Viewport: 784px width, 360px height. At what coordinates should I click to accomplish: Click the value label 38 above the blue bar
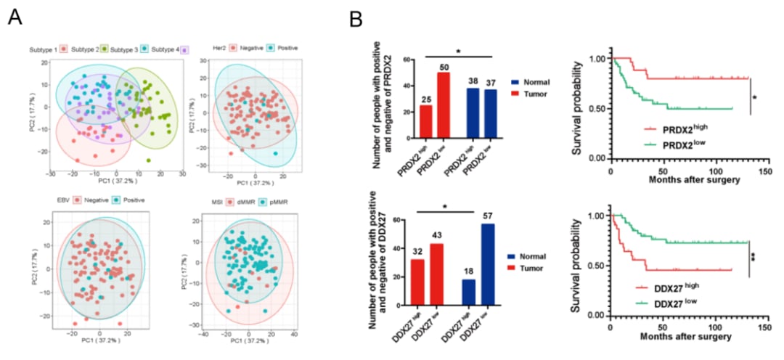(x=471, y=81)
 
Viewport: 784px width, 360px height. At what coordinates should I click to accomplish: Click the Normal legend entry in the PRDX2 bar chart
(x=533, y=83)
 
